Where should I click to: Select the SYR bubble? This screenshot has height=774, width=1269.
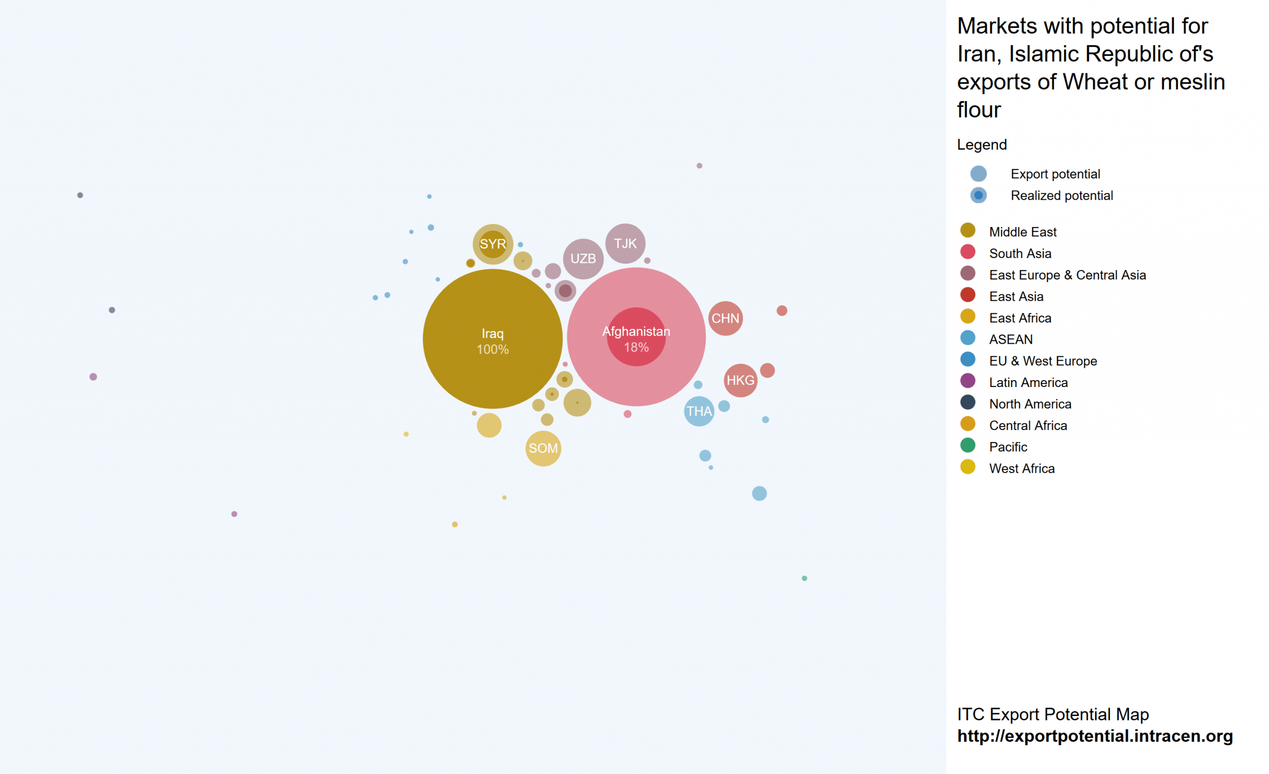493,244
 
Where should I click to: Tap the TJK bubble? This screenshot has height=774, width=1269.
625,244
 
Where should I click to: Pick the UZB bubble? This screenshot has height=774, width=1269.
583,259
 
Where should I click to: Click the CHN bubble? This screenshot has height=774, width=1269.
725,318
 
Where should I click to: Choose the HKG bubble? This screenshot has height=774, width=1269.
740,381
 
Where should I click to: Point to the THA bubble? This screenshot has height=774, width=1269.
699,411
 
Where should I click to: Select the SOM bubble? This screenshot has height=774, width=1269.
543,448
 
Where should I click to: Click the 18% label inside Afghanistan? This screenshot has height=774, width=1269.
636,347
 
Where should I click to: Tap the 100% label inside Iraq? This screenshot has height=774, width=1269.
492,350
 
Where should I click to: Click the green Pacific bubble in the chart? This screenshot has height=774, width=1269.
804,578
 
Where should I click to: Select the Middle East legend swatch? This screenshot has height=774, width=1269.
968,231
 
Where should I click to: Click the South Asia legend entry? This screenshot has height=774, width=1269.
1020,253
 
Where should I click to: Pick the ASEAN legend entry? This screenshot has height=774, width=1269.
1010,339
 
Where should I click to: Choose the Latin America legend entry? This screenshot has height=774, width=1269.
1028,383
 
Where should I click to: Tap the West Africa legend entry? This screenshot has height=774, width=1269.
1021,469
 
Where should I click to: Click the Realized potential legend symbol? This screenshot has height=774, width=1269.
978,196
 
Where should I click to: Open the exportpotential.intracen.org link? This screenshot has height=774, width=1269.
1095,736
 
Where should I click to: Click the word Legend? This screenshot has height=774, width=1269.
981,145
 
